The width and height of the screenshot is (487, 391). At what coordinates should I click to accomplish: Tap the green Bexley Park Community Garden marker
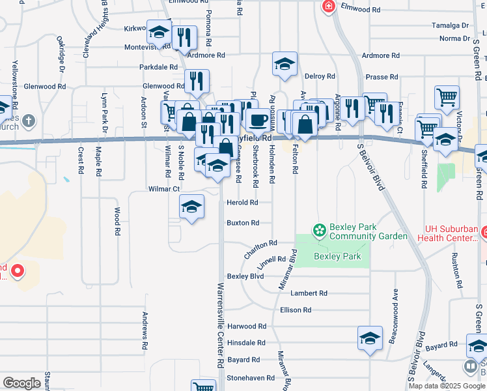pos(319,230)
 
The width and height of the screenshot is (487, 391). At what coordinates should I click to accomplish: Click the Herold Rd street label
pos(242,203)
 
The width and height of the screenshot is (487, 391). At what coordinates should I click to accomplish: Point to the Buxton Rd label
pos(242,223)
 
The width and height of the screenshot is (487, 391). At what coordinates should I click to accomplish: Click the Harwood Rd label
pos(247,326)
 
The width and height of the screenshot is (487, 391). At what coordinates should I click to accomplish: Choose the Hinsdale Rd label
pos(246,342)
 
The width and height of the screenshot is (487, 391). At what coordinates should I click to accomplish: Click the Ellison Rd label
pos(296,310)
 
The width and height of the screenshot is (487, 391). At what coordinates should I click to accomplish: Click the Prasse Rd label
pos(377,77)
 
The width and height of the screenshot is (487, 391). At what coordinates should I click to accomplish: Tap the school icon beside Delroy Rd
pos(285,64)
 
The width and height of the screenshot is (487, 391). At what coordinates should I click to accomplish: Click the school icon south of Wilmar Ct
pos(191,207)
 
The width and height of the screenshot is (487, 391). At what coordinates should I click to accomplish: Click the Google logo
pos(22,383)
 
